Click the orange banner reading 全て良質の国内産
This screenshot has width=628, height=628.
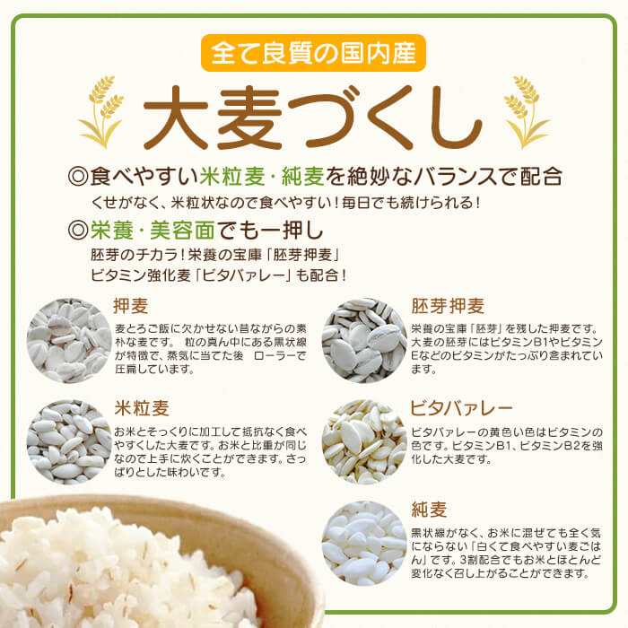[x=313, y=53]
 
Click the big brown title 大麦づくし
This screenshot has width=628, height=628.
[x=313, y=118]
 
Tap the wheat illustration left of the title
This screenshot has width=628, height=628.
[x=101, y=111]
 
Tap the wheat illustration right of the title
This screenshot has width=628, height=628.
[x=527, y=111]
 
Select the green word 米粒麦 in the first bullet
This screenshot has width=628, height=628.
[x=232, y=176]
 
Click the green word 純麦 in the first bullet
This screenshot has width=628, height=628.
[x=303, y=176]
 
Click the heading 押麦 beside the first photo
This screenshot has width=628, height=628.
[x=131, y=307]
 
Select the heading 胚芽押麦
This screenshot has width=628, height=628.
[x=448, y=307]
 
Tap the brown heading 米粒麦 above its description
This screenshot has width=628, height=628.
[x=142, y=408]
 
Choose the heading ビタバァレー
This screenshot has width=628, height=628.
[x=461, y=408]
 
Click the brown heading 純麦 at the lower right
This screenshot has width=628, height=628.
[x=429, y=510]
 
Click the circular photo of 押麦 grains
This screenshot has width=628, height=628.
[x=69, y=340]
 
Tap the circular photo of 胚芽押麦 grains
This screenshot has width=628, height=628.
[x=364, y=340]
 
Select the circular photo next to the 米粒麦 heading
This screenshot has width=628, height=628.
[x=69, y=442]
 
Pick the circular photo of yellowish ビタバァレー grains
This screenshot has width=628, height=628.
[x=364, y=442]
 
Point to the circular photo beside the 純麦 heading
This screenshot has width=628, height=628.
[x=364, y=544]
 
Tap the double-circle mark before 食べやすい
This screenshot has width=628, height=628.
[x=77, y=177]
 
